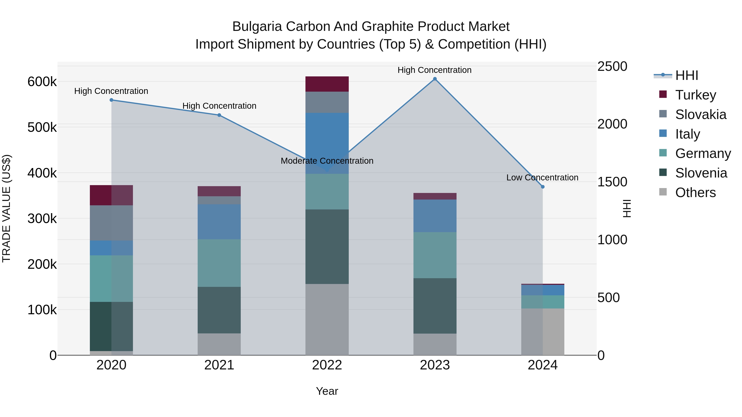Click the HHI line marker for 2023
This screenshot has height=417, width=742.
point(435,79)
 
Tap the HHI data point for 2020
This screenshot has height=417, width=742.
point(112,100)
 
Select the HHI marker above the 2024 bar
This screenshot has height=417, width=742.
point(543,187)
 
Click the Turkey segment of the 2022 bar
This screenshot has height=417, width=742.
point(327,84)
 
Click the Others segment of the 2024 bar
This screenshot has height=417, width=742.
point(543,332)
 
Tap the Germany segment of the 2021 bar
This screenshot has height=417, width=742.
point(219,263)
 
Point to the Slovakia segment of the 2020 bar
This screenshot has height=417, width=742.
point(112,223)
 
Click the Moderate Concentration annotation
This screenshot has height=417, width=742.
point(327,161)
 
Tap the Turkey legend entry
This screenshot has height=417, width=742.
point(695,95)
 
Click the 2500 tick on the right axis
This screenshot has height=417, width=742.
point(612,67)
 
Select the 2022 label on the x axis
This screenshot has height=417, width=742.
point(327,365)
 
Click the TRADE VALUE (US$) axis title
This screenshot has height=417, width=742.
point(6,208)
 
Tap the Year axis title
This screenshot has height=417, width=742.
point(327,391)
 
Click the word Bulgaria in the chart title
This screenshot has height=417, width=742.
point(257,27)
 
